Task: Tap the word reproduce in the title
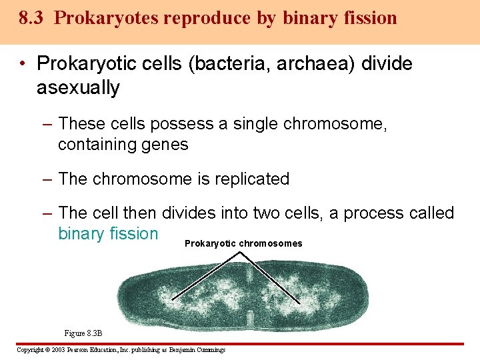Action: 196,18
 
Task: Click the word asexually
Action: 78,88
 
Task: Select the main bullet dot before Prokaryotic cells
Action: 23,65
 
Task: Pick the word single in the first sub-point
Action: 256,124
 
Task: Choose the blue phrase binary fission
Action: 108,234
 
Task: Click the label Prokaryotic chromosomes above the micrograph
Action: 243,244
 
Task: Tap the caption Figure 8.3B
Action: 83,333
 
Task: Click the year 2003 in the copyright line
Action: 55,350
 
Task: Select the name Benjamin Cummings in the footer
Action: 197,350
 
